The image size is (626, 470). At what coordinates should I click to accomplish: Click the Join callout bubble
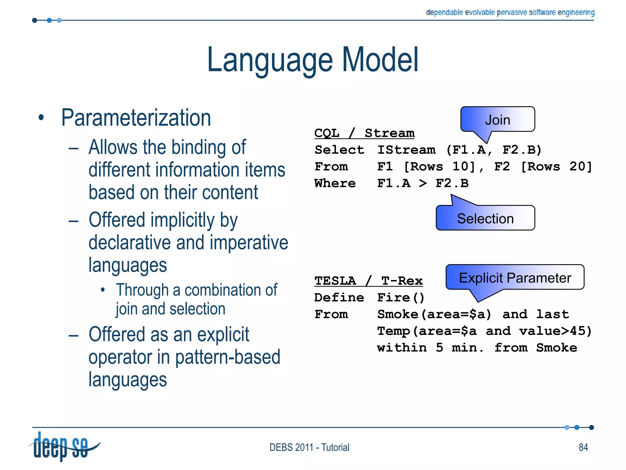tap(498, 120)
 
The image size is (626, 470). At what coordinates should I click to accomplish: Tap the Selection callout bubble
tap(485, 218)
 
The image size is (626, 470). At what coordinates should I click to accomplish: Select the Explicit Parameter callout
tap(515, 278)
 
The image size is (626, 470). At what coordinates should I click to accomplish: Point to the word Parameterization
tap(136, 118)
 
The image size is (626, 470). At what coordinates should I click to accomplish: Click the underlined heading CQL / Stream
tap(364, 133)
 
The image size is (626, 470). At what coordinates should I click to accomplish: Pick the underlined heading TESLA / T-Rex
tap(368, 281)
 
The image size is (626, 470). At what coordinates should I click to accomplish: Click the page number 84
tap(583, 447)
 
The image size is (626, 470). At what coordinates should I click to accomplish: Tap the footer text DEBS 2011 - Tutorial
tap(309, 447)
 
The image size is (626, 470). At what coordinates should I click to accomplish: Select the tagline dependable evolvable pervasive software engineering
tap(510, 13)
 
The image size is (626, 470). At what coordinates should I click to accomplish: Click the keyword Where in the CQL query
tap(335, 183)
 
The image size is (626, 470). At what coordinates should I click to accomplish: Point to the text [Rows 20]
tap(556, 166)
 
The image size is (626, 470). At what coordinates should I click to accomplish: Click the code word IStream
tap(406, 150)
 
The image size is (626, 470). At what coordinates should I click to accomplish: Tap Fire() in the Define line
tap(401, 297)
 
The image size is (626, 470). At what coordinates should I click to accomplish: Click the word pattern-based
tap(228, 357)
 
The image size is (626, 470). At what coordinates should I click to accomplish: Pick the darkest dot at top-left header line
tap(35, 21)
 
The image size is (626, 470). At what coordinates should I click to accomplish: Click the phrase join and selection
tap(170, 309)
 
